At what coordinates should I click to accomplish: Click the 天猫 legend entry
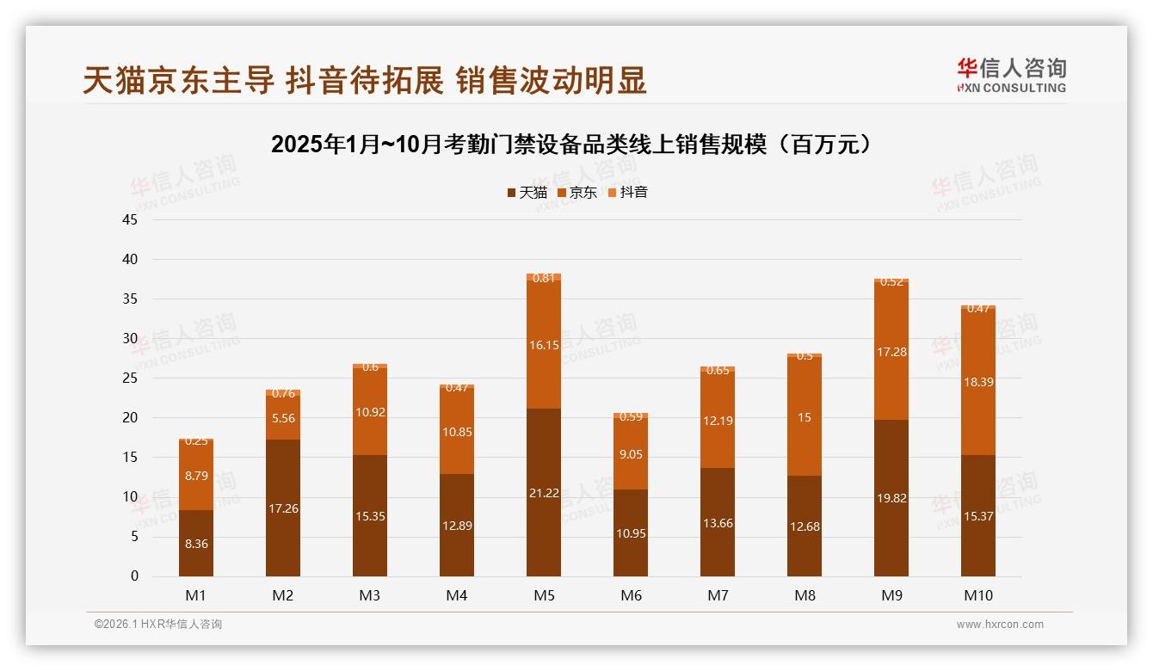click(527, 193)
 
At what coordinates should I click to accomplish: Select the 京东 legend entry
click(576, 193)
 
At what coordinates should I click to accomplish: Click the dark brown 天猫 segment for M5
click(544, 492)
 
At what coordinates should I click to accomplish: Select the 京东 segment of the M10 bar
click(977, 381)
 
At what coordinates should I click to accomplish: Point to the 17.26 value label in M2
click(283, 508)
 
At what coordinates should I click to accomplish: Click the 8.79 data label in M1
click(196, 475)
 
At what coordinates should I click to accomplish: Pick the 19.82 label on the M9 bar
click(891, 498)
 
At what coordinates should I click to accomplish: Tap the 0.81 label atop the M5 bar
click(544, 278)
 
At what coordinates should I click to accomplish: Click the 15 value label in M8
click(805, 417)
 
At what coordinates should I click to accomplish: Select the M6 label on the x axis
click(631, 595)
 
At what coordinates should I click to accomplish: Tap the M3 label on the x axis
click(370, 595)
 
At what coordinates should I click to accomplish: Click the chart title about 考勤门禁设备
click(575, 145)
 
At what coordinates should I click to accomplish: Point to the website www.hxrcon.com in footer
click(1000, 625)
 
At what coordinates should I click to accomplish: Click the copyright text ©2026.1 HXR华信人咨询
click(158, 625)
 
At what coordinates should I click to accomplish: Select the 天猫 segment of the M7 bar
click(718, 522)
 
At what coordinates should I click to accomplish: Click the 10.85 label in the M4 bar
click(457, 432)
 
